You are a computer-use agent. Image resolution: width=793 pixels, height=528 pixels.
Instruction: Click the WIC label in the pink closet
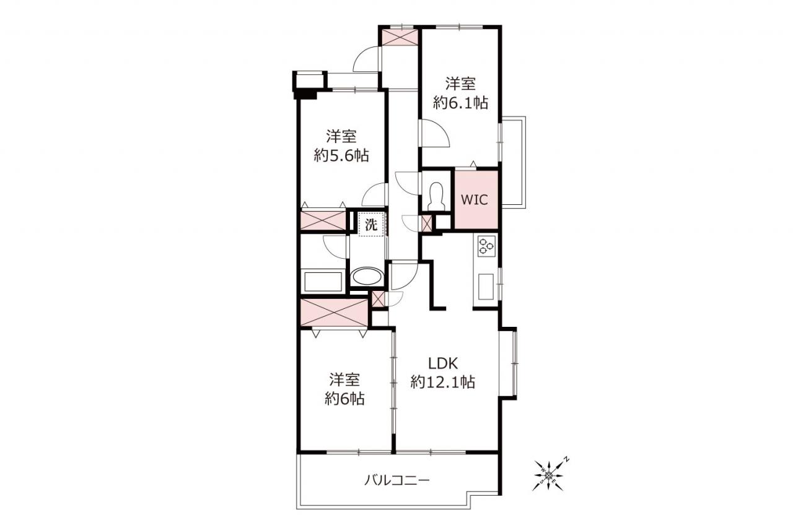(474, 200)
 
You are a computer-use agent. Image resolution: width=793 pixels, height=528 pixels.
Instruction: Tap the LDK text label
(443, 363)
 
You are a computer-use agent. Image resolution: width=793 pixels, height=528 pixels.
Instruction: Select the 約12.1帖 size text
(443, 383)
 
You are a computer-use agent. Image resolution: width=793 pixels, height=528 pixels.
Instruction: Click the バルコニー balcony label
(397, 480)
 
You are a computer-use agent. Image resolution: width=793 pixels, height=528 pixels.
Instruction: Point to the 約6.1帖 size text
(460, 103)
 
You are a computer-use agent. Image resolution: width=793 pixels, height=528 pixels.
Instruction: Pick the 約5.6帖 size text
(341, 155)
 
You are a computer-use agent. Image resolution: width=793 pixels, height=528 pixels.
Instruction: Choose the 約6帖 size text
(345, 399)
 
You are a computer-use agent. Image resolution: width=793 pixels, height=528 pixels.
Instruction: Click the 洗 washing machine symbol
(371, 225)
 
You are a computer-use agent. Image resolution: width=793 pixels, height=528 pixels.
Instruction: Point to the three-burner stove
(486, 246)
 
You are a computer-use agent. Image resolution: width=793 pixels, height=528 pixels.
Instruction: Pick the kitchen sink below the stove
(486, 286)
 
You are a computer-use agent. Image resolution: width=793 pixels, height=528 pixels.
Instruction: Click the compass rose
(549, 475)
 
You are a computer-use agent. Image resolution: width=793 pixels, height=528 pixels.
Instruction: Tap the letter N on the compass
(566, 460)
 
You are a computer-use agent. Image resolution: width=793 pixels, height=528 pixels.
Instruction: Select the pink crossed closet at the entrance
(400, 37)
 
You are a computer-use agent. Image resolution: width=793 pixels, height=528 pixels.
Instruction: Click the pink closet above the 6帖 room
(334, 313)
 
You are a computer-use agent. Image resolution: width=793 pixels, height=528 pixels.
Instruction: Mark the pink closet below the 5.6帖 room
(323, 220)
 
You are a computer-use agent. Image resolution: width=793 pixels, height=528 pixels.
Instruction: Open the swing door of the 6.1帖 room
(435, 133)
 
